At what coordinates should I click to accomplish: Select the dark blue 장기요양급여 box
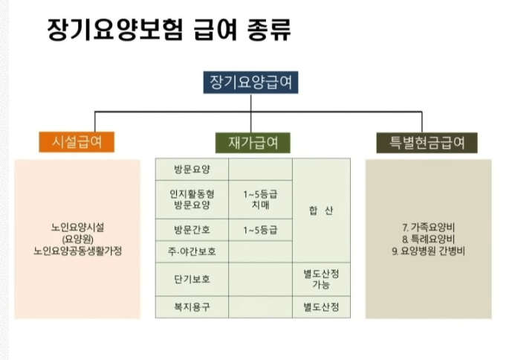tap(251, 82)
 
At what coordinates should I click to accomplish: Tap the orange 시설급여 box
tap(77, 141)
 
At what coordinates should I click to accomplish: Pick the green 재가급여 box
tap(253, 141)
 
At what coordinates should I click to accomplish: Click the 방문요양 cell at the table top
tap(192, 169)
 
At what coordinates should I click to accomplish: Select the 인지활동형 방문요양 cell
tap(192, 199)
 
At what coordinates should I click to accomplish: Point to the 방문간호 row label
tap(192, 230)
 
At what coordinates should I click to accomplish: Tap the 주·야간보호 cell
tap(192, 251)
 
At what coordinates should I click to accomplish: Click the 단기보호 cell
tap(192, 280)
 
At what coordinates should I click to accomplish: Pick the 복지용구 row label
tap(192, 306)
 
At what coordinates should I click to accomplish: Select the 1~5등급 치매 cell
tap(260, 199)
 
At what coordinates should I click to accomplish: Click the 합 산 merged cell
tap(321, 210)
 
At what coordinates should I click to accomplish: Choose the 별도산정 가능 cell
tap(321, 280)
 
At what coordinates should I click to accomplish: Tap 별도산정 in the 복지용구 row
tap(321, 306)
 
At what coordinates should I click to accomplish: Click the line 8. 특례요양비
tap(428, 240)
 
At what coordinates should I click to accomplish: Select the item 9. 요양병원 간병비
tap(428, 251)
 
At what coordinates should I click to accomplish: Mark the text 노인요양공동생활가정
tap(77, 251)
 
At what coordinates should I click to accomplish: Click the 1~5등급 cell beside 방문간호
tap(260, 230)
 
